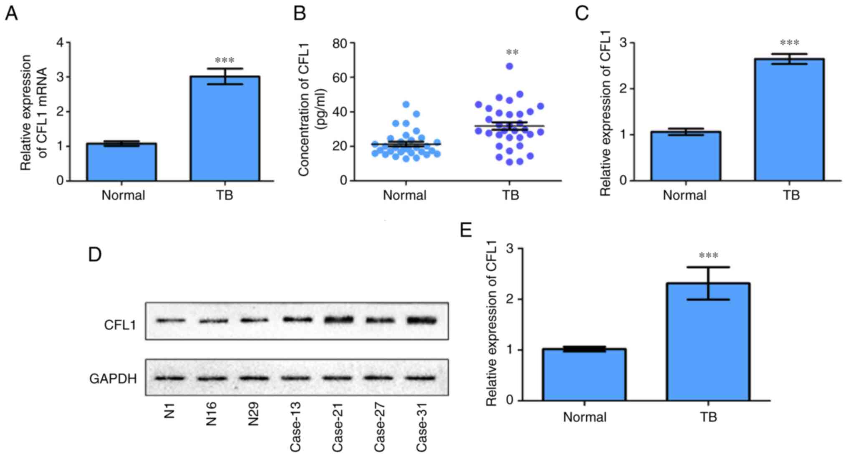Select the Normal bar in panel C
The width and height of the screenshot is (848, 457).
(686, 156)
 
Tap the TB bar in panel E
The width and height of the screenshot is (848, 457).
(708, 342)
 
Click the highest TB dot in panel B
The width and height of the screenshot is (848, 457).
(510, 66)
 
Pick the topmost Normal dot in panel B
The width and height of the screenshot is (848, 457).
(406, 104)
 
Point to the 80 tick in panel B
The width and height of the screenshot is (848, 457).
(340, 43)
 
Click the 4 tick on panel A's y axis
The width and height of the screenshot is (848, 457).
(61, 43)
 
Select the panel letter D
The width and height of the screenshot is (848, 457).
(95, 254)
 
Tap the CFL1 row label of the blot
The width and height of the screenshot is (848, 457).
(120, 325)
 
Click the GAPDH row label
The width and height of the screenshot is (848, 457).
(113, 379)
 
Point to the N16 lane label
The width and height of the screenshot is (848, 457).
(211, 414)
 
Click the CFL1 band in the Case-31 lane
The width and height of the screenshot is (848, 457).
(422, 321)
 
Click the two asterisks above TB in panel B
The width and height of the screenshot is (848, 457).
(512, 53)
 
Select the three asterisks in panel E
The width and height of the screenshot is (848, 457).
(708, 255)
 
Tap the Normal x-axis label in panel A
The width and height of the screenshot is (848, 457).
(123, 195)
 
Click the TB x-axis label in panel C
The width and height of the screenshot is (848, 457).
(791, 195)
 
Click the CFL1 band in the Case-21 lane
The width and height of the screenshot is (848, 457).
(338, 320)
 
